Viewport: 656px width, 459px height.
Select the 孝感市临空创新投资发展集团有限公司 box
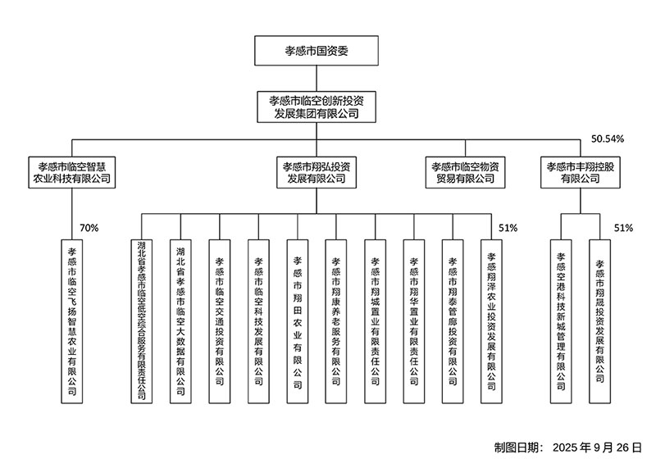coord(316,107)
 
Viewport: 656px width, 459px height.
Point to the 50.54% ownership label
coord(608,139)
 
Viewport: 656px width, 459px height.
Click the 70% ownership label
coord(88,227)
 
